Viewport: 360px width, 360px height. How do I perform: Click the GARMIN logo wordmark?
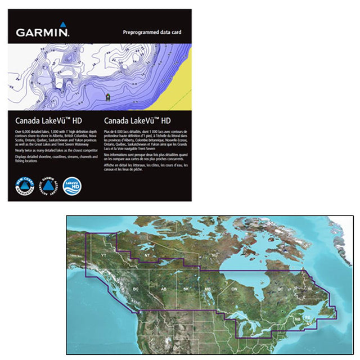[x=42, y=32]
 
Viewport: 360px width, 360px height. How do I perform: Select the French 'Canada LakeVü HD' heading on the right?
[x=138, y=120]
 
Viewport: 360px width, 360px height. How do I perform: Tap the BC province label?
[x=135, y=289]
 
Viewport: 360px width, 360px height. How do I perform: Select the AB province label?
[x=163, y=289]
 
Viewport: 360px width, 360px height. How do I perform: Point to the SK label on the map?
[x=186, y=289]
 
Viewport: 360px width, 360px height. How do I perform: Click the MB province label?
[x=207, y=289]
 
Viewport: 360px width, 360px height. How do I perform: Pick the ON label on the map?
[x=235, y=289]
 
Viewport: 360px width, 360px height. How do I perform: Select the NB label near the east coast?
[x=297, y=319]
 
